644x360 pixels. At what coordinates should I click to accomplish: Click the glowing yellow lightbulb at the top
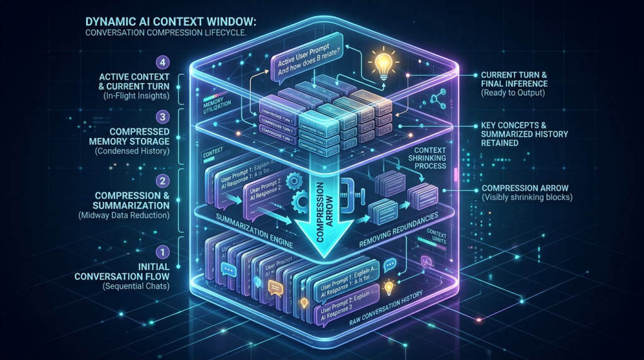pyautogui.click(x=382, y=64)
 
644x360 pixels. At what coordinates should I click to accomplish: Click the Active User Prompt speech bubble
pyautogui.click(x=306, y=59)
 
